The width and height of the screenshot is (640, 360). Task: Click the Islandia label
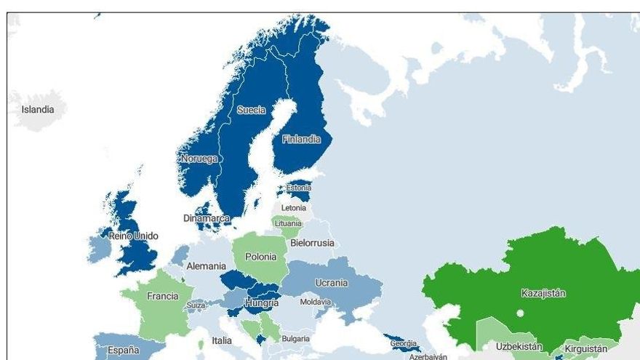pyautogui.click(x=37, y=110)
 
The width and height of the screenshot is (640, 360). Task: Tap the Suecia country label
pyautogui.click(x=251, y=111)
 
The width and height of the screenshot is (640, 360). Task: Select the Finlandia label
pyautogui.click(x=301, y=139)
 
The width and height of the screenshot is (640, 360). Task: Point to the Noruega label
pyautogui.click(x=199, y=158)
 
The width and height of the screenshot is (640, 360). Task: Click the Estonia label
pyautogui.click(x=298, y=188)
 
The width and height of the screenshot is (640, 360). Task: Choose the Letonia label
pyautogui.click(x=294, y=208)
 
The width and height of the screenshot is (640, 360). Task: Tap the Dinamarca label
pyautogui.click(x=207, y=218)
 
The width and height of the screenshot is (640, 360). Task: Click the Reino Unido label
pyautogui.click(x=133, y=236)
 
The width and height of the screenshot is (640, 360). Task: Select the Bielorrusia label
pyautogui.click(x=312, y=243)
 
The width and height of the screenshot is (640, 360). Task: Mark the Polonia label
pyautogui.click(x=260, y=257)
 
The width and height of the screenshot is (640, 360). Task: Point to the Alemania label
pyautogui.click(x=207, y=266)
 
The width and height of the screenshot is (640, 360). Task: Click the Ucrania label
pyautogui.click(x=331, y=283)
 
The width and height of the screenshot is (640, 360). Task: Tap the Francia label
pyautogui.click(x=162, y=296)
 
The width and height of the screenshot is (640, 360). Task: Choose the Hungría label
pyautogui.click(x=263, y=303)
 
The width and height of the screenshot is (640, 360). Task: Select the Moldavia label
pyautogui.click(x=316, y=302)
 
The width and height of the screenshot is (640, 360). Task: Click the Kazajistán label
pyautogui.click(x=543, y=293)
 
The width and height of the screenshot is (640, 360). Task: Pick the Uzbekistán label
pyautogui.click(x=519, y=347)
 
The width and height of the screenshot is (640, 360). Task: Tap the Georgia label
pyautogui.click(x=403, y=343)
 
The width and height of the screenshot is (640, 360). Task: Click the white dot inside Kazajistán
pyautogui.click(x=521, y=314)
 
